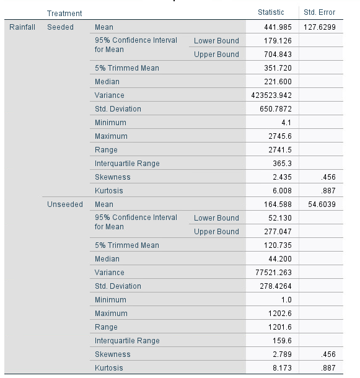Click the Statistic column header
click(x=271, y=12)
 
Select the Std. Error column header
click(x=319, y=12)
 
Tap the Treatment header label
click(x=65, y=13)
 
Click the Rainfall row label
click(x=21, y=27)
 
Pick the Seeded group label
click(x=60, y=27)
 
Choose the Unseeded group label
click(x=65, y=204)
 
